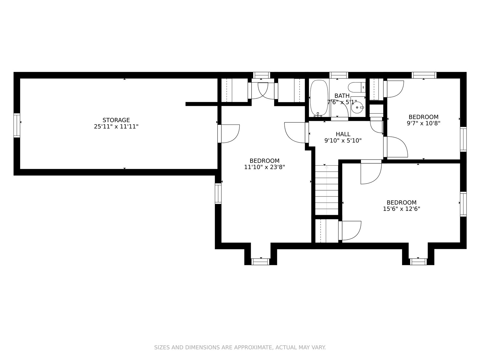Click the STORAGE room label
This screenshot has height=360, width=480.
click(116, 120)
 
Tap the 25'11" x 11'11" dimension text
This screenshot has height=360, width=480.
click(116, 127)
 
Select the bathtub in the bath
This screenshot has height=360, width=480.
click(319, 98)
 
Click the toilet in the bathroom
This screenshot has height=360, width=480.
click(357, 87)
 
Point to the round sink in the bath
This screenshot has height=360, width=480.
click(357, 107)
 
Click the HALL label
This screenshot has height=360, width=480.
click(343, 134)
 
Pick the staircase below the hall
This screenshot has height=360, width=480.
click(326, 190)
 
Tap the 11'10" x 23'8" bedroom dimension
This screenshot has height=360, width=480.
click(264, 167)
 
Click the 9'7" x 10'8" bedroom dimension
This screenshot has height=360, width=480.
click(423, 123)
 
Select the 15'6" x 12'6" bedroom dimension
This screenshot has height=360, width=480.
click(401, 209)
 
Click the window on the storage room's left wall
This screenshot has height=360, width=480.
click(17, 125)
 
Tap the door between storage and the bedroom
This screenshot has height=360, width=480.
click(229, 134)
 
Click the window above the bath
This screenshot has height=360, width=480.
click(338, 75)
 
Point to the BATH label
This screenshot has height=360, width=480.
click(342, 96)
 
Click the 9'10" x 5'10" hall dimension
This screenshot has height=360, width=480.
click(343, 140)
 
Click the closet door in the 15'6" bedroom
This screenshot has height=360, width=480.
click(350, 231)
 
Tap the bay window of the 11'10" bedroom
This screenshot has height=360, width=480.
click(260, 262)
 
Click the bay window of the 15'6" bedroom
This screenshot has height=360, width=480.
click(418, 262)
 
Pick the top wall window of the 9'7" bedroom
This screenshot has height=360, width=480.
click(424, 75)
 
